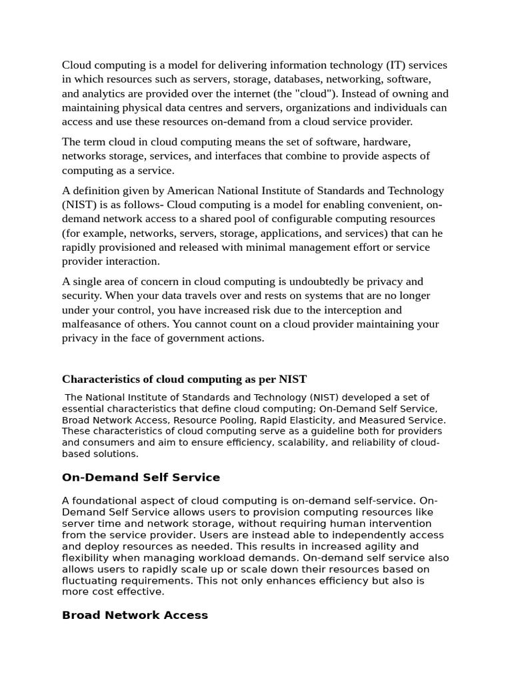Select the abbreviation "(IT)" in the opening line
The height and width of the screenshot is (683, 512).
point(393,65)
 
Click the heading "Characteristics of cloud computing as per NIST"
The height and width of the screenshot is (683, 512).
point(184,379)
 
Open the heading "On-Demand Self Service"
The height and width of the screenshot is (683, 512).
point(141,478)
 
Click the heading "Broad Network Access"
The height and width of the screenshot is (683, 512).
point(135,615)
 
